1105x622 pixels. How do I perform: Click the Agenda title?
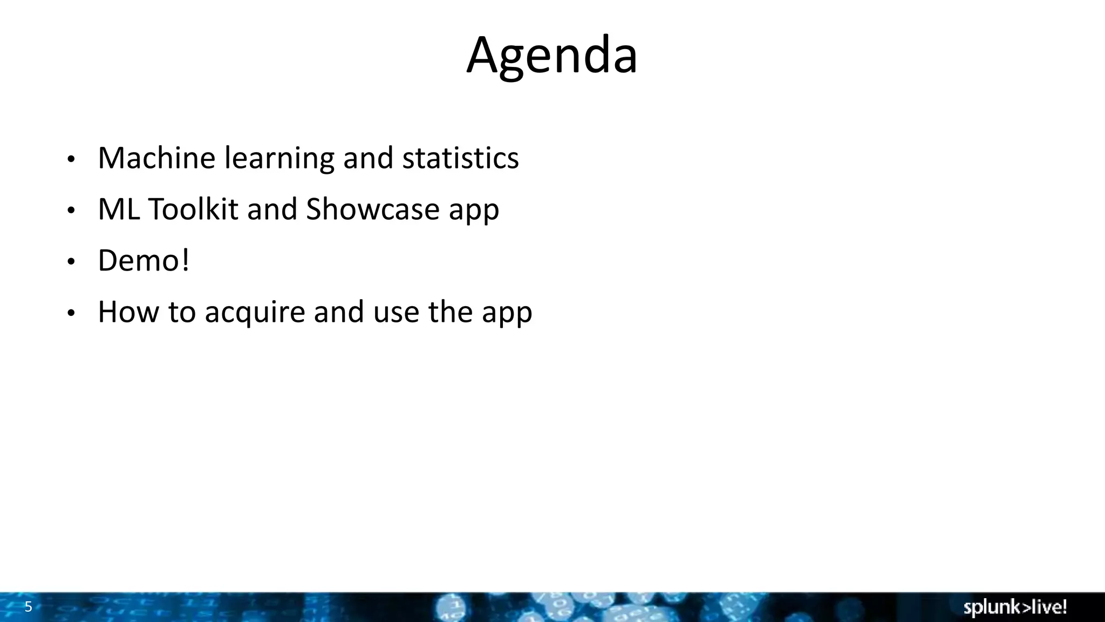(552, 55)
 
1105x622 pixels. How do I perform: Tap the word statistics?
(460, 158)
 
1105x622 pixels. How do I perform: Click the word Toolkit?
(193, 209)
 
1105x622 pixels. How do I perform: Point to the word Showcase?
(372, 209)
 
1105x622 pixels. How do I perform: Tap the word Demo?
(144, 261)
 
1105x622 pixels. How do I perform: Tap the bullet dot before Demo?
(71, 262)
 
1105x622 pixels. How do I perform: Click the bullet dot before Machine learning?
(71, 160)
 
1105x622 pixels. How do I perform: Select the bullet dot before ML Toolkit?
(71, 211)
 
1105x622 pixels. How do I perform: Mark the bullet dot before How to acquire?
(71, 314)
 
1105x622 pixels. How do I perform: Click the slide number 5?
(29, 607)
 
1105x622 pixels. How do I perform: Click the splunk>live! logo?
(1015, 607)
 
